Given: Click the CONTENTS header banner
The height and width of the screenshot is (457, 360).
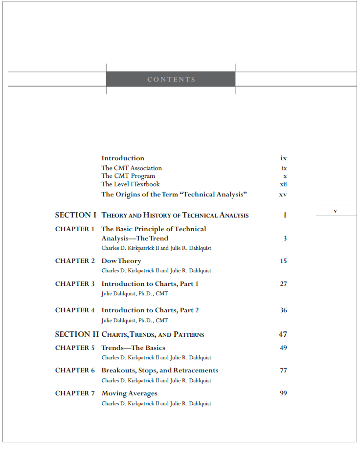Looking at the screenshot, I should pos(171,79).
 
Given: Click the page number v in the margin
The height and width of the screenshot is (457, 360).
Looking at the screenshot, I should pos(335,211).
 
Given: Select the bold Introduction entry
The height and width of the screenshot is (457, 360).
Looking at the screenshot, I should pos(123,158).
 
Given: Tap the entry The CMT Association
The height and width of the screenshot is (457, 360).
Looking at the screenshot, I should pos(132,168).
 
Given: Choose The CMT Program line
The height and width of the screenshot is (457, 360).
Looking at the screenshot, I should pos(128,176).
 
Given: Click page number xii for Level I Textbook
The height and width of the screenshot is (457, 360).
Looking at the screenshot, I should pos(283,184).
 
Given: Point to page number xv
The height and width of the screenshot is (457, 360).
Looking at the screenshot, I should pos(283,195).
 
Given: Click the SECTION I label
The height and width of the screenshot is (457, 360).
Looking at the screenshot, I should pos(76,215).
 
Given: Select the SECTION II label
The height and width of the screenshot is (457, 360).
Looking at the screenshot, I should pos(77,335).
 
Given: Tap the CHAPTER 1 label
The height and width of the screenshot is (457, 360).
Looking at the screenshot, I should pos(75,229).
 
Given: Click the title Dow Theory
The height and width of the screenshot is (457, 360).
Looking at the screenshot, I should pos(121,261).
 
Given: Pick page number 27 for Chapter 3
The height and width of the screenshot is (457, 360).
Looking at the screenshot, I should pos(283,284).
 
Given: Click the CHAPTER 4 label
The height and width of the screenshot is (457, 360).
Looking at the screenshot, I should pos(75,310).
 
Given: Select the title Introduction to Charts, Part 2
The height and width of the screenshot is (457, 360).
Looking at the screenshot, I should pos(150,310).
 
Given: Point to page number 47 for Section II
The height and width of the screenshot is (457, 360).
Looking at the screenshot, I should pos(283,335).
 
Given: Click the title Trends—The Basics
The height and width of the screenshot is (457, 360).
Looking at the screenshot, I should pos(133,348).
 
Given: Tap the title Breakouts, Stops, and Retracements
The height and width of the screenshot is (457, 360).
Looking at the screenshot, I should pos(160,370).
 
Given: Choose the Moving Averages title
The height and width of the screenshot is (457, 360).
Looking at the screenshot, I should pos(130,393).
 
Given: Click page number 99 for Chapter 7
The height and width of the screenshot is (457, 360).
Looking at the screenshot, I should pos(283,393).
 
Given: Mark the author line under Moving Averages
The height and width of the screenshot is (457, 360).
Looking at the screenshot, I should pos(157,404).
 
